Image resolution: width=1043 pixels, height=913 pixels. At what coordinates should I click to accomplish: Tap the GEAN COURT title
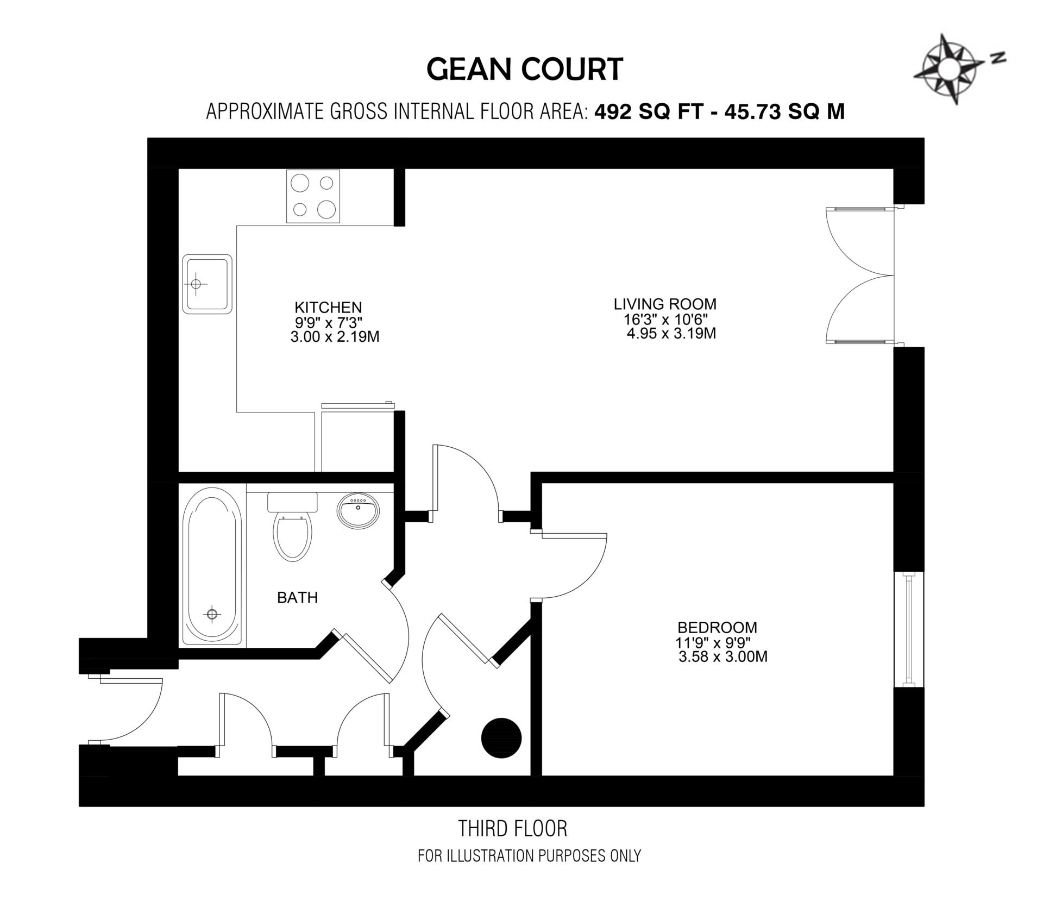point(525,70)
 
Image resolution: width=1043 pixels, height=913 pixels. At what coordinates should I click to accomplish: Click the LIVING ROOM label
point(665,303)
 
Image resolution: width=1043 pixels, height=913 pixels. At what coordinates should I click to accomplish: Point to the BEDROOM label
point(717,628)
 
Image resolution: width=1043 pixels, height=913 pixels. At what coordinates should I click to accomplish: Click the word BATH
point(297,598)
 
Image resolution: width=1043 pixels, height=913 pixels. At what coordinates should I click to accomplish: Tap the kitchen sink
point(208,284)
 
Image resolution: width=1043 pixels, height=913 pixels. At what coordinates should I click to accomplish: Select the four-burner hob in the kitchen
point(312,196)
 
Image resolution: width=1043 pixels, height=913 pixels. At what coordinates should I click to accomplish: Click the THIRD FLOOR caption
point(513,829)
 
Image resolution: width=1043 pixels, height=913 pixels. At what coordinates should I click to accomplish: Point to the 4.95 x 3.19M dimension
point(671,333)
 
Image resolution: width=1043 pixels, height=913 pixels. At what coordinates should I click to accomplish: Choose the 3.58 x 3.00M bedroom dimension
point(723,657)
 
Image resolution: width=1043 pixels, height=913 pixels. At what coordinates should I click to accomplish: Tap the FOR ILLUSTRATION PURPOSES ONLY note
point(529,856)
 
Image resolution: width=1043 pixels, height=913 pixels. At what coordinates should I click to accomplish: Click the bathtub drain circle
point(212,614)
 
